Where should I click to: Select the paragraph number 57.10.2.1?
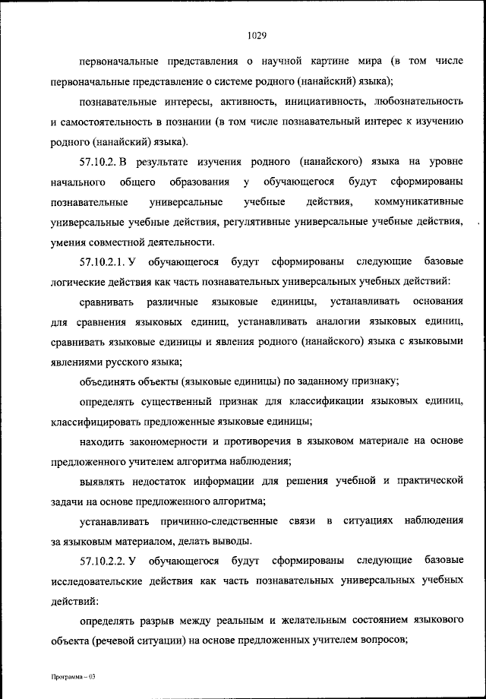coord(106,262)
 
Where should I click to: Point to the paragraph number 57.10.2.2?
coord(106,561)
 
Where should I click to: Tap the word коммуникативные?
coord(419,203)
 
